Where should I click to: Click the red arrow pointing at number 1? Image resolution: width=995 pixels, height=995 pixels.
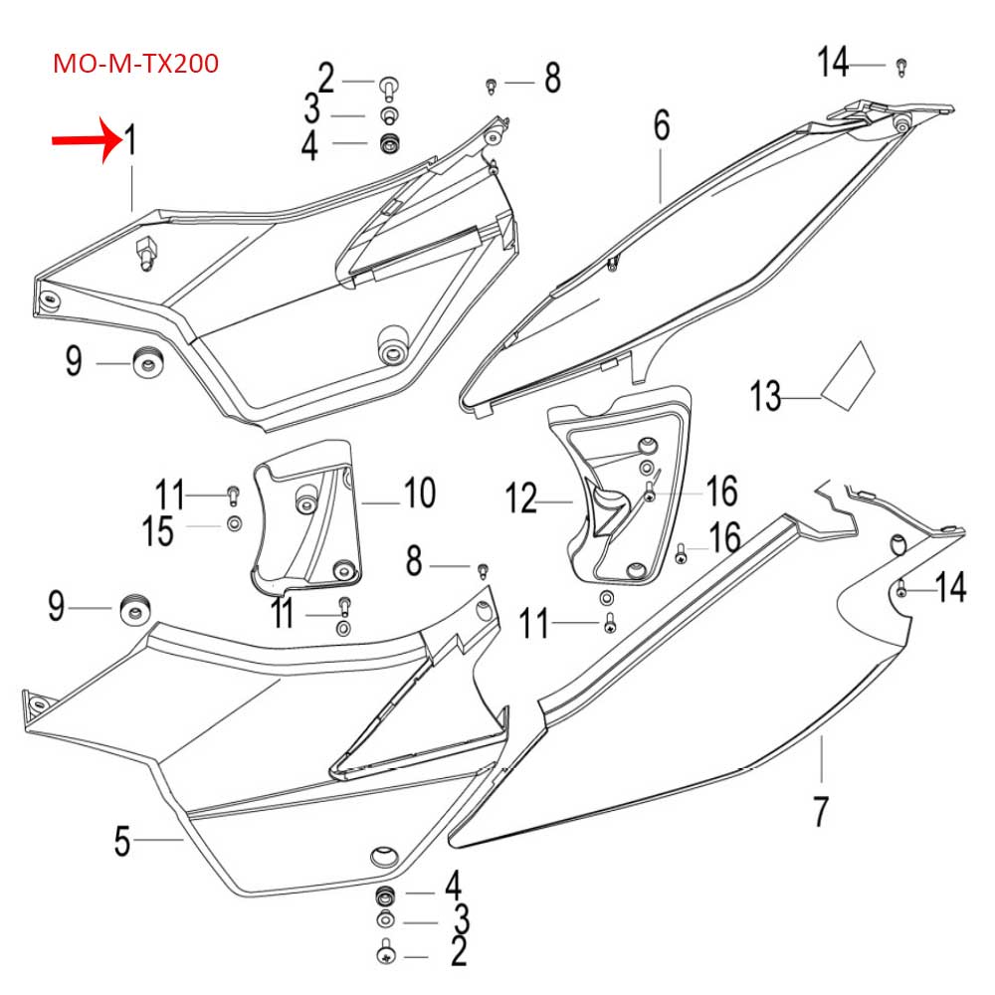(x=84, y=141)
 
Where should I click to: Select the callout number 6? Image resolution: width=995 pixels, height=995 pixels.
(x=662, y=126)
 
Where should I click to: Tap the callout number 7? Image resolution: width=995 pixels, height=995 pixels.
(x=820, y=811)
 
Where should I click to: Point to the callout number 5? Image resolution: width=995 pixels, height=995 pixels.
(x=121, y=842)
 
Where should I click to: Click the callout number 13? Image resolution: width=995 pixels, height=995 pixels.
(x=766, y=399)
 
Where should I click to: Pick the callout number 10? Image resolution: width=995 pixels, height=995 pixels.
(x=419, y=492)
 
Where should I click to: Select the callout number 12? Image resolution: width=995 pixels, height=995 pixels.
(x=523, y=497)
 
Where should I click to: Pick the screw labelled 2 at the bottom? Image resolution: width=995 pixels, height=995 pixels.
(x=385, y=954)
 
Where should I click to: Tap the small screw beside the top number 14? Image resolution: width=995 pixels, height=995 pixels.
(x=901, y=67)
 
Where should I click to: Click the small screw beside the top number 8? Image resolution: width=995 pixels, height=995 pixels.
(x=491, y=87)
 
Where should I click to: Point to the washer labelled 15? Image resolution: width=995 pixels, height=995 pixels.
(x=233, y=523)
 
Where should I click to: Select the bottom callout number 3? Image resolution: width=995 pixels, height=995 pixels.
(x=461, y=918)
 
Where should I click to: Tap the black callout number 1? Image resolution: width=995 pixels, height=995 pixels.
(x=130, y=141)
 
